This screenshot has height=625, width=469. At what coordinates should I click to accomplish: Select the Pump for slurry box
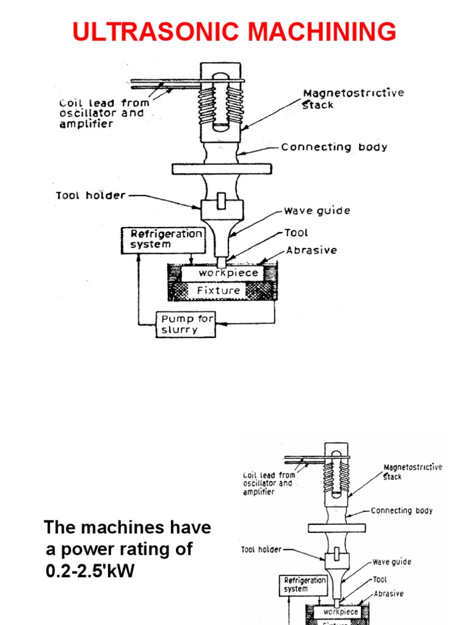[186, 324]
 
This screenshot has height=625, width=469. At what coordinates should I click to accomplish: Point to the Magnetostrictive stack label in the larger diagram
[353, 98]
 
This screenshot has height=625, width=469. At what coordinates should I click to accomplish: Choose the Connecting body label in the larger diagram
[333, 147]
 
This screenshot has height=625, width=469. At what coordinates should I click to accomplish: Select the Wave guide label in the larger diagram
[316, 211]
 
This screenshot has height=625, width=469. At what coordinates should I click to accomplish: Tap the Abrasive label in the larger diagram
[311, 250]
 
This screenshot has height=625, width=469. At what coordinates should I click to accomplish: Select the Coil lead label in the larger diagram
[102, 114]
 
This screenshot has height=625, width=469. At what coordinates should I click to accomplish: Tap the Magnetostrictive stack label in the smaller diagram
[412, 471]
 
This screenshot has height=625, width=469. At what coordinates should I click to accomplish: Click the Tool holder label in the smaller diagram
[261, 549]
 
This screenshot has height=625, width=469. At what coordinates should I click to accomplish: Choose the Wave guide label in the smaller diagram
[391, 562]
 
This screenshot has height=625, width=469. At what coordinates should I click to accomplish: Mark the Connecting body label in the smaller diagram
[401, 510]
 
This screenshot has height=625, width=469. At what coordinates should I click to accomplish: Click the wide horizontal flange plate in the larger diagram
[221, 168]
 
